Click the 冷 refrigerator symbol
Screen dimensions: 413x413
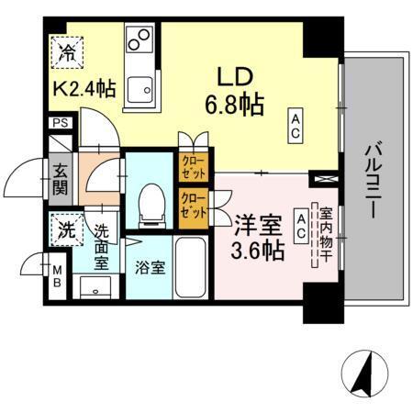[67, 49]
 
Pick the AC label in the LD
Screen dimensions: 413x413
[296, 125]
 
